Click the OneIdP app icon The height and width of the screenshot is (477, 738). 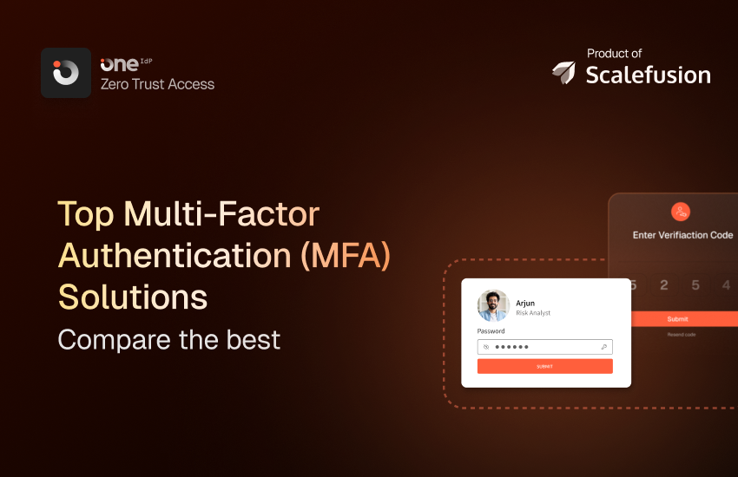point(66,73)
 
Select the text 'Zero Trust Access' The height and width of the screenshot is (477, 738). point(157,84)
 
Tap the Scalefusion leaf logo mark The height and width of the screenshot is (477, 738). point(564,74)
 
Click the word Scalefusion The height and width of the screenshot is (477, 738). point(648,75)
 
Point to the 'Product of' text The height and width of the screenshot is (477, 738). point(614,53)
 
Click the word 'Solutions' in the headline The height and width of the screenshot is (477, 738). point(133,297)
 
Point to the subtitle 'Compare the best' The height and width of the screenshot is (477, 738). point(169,338)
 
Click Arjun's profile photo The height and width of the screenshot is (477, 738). point(493,306)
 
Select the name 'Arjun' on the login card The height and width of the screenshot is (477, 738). point(525,303)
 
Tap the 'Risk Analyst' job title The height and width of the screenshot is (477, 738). point(533,313)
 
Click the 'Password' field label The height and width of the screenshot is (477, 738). point(491,331)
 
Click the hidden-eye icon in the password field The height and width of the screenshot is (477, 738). point(486,347)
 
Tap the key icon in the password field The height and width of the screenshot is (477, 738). point(603,347)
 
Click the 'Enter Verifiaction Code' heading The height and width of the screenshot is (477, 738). point(682,235)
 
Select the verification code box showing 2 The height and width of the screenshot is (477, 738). point(664,284)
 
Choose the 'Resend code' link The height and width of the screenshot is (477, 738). point(682,335)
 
